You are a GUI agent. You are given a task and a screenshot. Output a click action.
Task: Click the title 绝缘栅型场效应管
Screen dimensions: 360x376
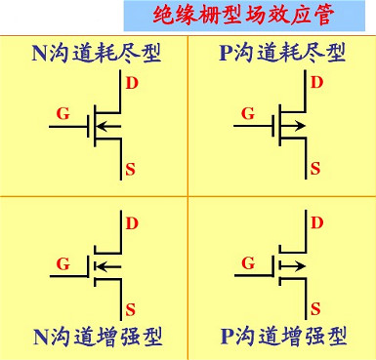251,14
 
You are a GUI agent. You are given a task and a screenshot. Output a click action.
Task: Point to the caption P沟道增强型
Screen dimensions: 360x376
283,337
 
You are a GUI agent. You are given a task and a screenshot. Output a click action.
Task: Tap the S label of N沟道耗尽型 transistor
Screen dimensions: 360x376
130,170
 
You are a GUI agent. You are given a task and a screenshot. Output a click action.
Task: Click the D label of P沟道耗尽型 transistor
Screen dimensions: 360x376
315,82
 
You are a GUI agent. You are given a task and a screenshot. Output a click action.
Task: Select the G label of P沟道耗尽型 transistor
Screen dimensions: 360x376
248,112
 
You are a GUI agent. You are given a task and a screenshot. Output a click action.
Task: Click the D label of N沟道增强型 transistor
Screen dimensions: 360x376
130,223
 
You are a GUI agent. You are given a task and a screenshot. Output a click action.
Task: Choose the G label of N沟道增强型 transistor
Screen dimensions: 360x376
63,263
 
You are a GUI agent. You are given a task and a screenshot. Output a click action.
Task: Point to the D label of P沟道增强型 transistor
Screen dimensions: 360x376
315,223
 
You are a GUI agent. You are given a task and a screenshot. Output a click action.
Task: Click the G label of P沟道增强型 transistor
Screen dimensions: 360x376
248,263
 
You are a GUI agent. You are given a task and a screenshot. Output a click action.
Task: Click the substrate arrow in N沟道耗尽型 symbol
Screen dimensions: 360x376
108,126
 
